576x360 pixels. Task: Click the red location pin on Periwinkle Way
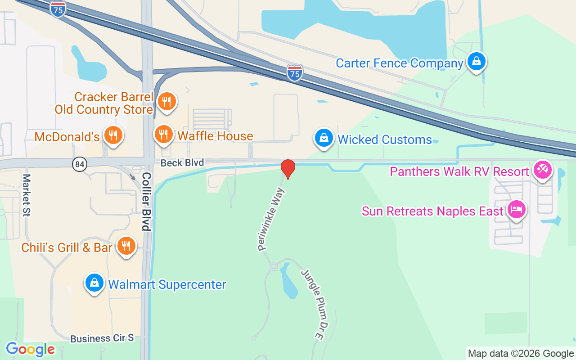point(288,168)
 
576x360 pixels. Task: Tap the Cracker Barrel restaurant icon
point(166,101)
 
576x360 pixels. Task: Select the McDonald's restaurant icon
point(112,134)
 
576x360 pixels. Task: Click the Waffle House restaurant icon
point(164,134)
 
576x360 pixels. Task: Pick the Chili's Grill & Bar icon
point(126,246)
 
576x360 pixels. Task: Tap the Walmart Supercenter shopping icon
point(94,283)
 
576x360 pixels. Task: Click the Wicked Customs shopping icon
point(324,138)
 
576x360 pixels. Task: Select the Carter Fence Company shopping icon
point(476,61)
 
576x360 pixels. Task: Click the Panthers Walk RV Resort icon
point(542,170)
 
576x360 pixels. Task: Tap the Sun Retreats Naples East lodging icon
point(516,209)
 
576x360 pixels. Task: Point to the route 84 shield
point(79,164)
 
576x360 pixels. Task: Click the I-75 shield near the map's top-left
point(58,9)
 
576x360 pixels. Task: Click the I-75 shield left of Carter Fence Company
point(295,72)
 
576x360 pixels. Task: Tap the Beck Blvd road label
point(182,162)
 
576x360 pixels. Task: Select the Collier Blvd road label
point(146,201)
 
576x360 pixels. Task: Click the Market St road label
point(27,195)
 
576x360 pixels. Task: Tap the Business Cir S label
point(102,338)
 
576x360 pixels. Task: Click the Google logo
point(30,349)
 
